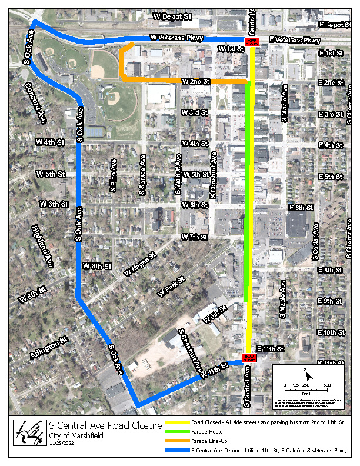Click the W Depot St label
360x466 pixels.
pos(172,17)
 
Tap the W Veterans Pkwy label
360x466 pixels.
pos(176,38)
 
